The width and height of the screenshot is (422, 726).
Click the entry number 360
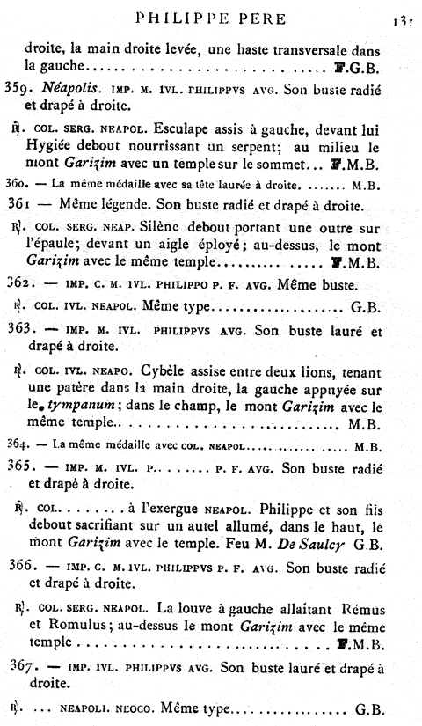(26, 186)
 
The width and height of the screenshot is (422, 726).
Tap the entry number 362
(29, 286)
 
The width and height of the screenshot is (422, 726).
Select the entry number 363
(29, 330)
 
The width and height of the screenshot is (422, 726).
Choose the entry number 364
(26, 445)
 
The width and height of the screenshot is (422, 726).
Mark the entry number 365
(29, 467)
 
